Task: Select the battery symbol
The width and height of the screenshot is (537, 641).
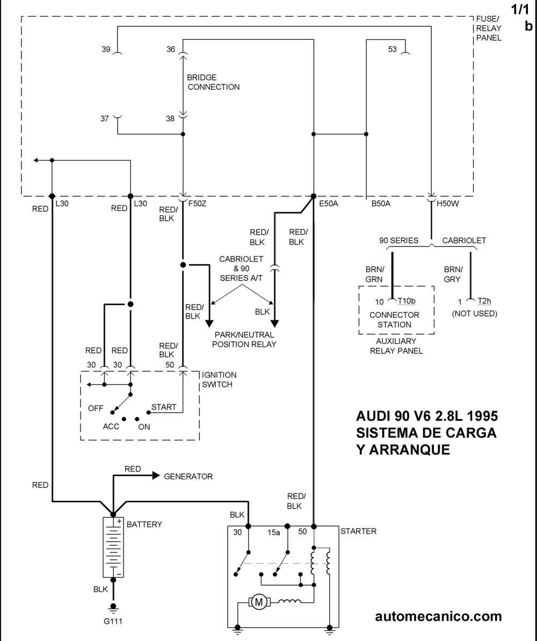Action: click(113, 548)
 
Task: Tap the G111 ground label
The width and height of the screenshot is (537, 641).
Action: click(113, 622)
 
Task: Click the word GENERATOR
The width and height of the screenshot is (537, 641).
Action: click(188, 477)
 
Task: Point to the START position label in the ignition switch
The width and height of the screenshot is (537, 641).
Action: click(164, 407)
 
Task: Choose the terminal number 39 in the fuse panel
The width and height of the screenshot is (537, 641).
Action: click(106, 49)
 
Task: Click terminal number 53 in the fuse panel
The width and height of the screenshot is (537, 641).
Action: click(393, 49)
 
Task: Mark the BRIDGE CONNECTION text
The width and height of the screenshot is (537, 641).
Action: click(213, 82)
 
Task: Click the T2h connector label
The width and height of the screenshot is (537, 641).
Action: click(484, 302)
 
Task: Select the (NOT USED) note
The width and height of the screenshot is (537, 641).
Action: click(475, 313)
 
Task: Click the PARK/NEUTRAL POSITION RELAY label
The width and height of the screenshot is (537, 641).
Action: click(244, 339)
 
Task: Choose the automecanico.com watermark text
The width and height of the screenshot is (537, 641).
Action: click(438, 616)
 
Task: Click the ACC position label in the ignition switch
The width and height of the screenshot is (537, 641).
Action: click(111, 426)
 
